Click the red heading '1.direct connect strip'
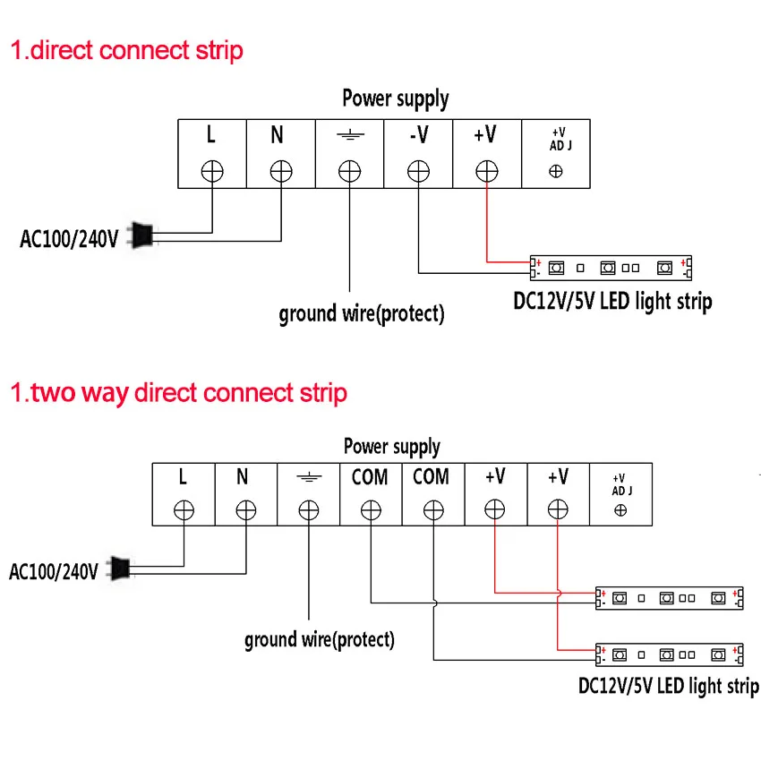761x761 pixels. coord(126,49)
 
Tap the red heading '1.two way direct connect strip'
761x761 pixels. coord(178,392)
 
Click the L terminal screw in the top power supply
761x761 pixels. coord(212,170)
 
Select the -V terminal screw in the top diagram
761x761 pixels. coord(418,170)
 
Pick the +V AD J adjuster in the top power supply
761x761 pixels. coord(556,170)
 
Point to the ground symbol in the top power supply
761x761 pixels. coord(349,135)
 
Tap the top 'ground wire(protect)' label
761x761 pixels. coord(361,313)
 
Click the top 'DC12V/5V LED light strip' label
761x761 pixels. coord(612,301)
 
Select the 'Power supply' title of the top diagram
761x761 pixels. coord(396,98)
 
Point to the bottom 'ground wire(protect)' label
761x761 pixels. coord(319,639)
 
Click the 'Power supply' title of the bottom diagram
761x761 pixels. coord(392,446)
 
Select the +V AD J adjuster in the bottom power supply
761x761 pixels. coord(620,509)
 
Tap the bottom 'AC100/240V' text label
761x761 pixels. coord(53,571)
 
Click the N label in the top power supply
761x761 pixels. coord(278,135)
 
